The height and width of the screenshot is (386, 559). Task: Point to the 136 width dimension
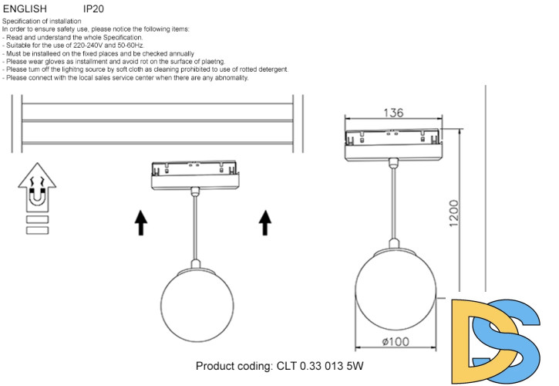pos(393,113)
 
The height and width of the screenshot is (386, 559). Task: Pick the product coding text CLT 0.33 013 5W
pos(279,365)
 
